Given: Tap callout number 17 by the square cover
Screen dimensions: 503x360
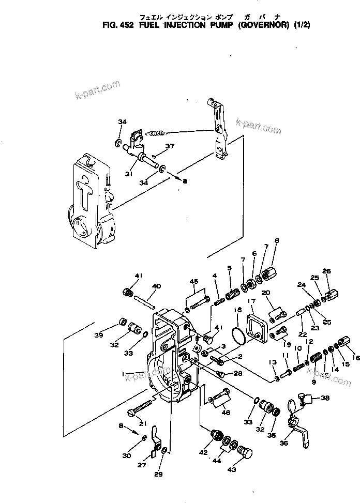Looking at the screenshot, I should coord(251,301).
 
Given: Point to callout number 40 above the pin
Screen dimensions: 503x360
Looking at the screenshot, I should coord(156,286).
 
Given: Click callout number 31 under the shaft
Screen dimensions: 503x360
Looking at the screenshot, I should coord(127,174).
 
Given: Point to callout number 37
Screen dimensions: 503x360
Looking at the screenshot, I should coord(170,146).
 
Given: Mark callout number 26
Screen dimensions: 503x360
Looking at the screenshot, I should coord(326,271).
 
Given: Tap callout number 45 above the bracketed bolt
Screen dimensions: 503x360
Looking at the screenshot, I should coord(193,281).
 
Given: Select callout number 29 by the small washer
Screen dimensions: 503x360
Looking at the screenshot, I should coord(157,474).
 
